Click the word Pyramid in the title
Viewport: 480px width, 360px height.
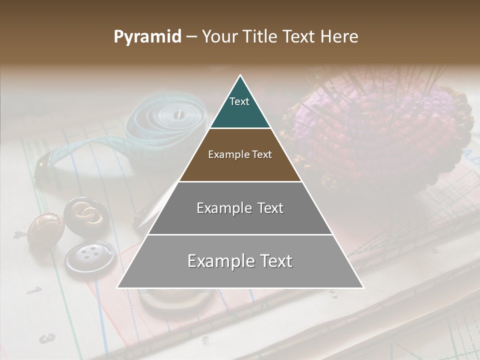tap(147, 37)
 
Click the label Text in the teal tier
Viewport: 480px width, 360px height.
tap(239, 101)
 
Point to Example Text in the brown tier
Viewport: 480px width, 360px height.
tap(240, 154)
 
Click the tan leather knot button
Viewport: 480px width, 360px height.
tap(45, 229)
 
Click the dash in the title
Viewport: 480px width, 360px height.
tap(191, 37)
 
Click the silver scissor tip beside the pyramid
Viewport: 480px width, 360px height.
tap(155, 207)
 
